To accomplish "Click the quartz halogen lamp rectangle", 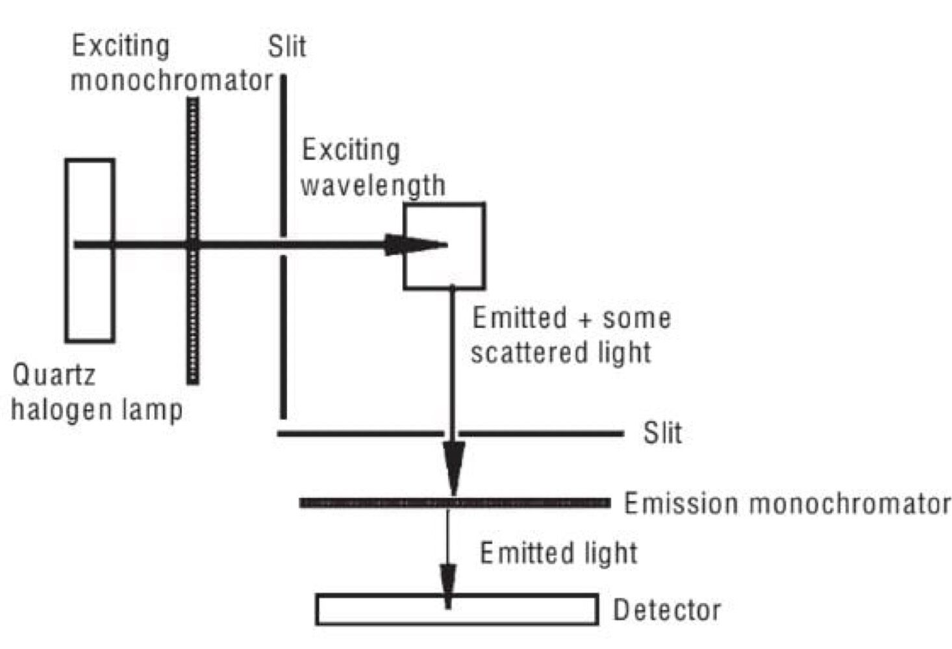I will click(90, 292).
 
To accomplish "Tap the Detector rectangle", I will click(520, 611).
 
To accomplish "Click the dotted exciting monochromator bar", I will click(193, 312).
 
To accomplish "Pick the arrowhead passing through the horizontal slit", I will click(454, 464).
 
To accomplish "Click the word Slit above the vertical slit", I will click(287, 47).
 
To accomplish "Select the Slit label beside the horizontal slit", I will click(662, 433).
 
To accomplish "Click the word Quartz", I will click(54, 375).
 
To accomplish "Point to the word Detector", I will click(667, 610).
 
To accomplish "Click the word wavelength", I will click(373, 186).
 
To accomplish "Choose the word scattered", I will click(520, 352).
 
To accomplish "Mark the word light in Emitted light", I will click(610, 554).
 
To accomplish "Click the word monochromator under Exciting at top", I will click(171, 81).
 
